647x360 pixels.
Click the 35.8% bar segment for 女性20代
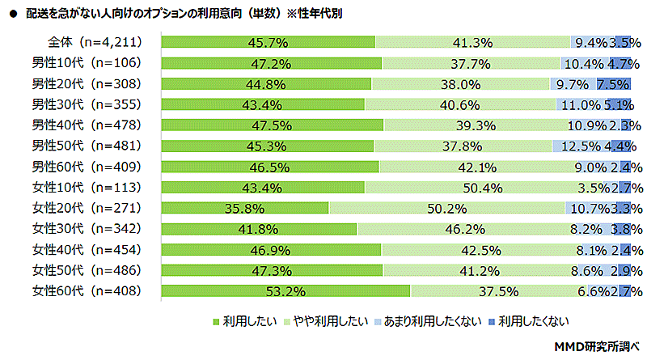245,208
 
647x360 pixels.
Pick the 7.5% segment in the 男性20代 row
613,83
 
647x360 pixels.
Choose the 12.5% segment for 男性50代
575,146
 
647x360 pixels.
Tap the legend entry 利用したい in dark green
240,320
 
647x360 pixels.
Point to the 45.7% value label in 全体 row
269,42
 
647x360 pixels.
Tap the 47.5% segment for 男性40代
273,125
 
